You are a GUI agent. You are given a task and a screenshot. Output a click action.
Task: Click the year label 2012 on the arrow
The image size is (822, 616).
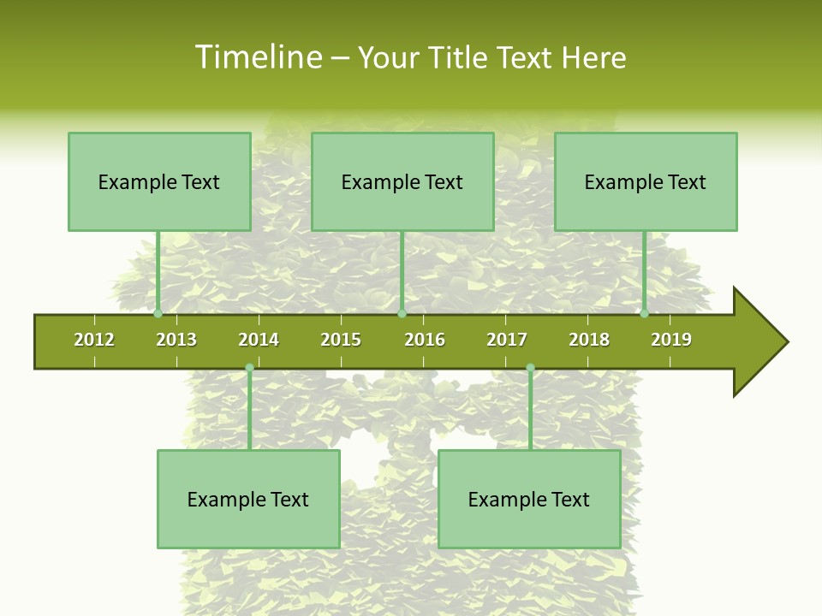94,340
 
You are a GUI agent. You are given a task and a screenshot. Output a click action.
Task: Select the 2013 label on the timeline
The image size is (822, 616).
176,340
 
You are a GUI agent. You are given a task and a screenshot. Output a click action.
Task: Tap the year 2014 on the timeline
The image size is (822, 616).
259,340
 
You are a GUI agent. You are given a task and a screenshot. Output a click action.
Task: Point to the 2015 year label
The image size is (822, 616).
341,340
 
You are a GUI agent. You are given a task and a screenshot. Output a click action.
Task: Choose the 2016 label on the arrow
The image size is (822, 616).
425,340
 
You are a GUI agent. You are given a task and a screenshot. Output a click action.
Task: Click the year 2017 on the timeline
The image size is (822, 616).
507,340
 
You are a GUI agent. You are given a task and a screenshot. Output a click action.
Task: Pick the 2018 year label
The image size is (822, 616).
589,340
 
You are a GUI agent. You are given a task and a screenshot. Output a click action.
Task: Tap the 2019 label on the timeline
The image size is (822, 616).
671,340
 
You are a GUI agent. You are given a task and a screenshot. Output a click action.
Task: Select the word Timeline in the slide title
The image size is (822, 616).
258,57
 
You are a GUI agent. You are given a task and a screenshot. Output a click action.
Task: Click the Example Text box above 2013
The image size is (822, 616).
159,181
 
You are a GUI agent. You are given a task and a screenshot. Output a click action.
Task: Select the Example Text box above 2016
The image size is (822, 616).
402,181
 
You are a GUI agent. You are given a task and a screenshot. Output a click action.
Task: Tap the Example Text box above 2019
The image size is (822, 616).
646,181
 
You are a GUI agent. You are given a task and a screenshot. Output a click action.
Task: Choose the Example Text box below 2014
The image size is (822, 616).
248,499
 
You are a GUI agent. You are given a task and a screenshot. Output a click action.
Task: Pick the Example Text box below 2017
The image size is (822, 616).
529,499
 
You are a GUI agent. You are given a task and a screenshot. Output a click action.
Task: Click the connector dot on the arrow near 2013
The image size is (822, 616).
158,314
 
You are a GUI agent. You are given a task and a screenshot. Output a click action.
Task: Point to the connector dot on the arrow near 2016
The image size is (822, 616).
402,314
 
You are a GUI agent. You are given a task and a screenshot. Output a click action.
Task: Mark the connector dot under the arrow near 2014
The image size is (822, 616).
249,368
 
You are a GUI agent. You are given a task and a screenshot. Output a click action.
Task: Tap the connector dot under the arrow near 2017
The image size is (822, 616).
530,368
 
